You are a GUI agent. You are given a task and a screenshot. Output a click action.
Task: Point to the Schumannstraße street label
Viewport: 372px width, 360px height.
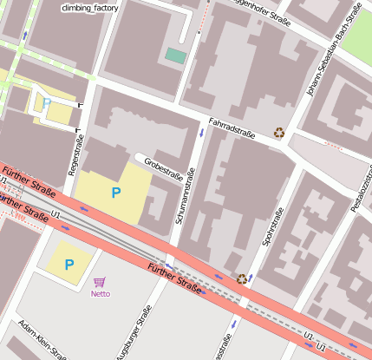click(x=186, y=197)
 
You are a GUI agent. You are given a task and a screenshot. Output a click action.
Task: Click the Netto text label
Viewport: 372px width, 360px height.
click(x=101, y=293)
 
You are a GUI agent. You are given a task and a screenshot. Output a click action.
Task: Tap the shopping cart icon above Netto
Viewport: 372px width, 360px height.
click(x=100, y=281)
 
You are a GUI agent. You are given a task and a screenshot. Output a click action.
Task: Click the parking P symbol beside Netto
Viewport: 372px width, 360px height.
click(x=69, y=264)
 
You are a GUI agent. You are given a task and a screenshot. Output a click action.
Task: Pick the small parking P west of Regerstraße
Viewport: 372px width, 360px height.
click(x=47, y=103)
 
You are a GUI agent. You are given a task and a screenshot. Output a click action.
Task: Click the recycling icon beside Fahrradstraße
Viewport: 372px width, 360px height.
click(x=279, y=133)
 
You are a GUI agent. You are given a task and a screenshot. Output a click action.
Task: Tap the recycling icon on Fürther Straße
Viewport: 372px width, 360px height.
click(x=241, y=278)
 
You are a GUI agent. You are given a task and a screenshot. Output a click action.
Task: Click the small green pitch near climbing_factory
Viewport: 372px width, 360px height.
click(x=176, y=56)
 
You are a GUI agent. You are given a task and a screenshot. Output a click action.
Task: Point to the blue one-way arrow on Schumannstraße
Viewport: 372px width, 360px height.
click(x=201, y=133)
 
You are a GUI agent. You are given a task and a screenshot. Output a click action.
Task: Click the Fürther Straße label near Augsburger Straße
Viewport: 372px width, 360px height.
click(x=175, y=278)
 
